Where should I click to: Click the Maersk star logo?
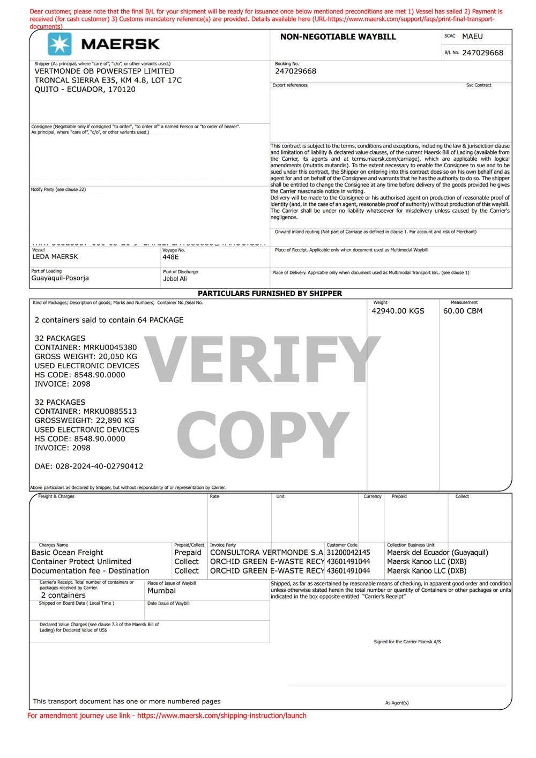pyautogui.click(x=59, y=44)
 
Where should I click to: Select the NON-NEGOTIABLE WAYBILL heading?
pyautogui.click(x=338, y=37)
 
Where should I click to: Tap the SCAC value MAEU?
pyautogui.click(x=472, y=36)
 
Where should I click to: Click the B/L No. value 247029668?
pyautogui.click(x=482, y=53)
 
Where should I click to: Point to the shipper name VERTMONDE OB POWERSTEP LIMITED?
pyautogui.click(x=105, y=71)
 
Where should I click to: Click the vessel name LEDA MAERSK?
pyautogui.click(x=55, y=256)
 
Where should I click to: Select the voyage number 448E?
pyautogui.click(x=170, y=257)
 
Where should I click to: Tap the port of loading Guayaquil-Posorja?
pyautogui.click(x=60, y=278)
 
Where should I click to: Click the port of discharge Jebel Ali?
pyautogui.click(x=175, y=279)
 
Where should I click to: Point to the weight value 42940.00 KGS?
pyautogui.click(x=398, y=311)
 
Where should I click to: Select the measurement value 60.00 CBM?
pyautogui.click(x=463, y=311)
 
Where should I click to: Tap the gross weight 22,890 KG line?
pyautogui.click(x=85, y=420)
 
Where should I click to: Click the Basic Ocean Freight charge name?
pyautogui.click(x=68, y=552)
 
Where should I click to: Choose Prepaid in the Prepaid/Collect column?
pyautogui.click(x=188, y=552)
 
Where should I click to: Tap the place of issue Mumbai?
pyautogui.click(x=161, y=591)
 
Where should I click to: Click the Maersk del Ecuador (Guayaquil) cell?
pyautogui.click(x=437, y=552)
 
